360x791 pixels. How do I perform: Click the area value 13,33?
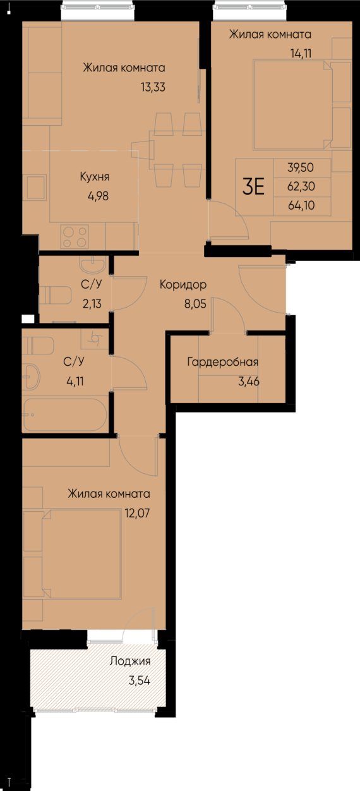[153, 88]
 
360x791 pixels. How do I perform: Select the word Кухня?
[99, 177]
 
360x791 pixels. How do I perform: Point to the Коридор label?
[183, 284]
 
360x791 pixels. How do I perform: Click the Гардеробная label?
[222, 362]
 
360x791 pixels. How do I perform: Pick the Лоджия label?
[129, 661]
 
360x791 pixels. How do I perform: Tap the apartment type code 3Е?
[253, 187]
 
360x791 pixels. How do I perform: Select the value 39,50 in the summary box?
[301, 167]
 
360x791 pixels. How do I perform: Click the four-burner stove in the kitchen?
[75, 237]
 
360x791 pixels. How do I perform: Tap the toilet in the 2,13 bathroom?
[56, 295]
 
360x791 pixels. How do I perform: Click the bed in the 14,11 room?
[292, 104]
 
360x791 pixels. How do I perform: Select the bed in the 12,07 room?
[80, 555]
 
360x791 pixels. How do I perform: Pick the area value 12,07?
[136, 512]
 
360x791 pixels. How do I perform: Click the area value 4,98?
[99, 195]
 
